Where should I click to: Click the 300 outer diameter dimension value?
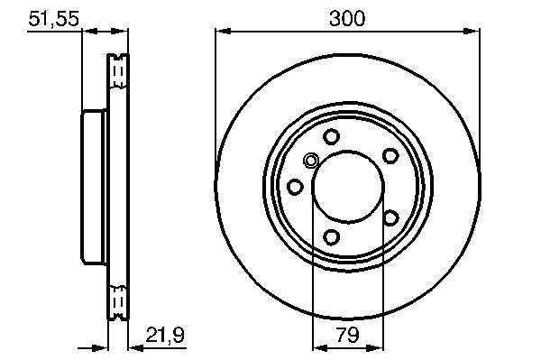pos(347,18)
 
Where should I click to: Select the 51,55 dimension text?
pos(54,18)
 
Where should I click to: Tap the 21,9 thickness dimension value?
pos(165,335)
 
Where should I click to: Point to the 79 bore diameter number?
pos(347,334)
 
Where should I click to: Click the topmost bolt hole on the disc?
pos(331,136)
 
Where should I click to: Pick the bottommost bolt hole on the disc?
pos(331,237)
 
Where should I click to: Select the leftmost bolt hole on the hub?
pos(295,187)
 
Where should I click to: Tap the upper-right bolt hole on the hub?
pos(390,156)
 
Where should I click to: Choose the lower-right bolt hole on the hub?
pos(390,218)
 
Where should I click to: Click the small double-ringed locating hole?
pos(311,161)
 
